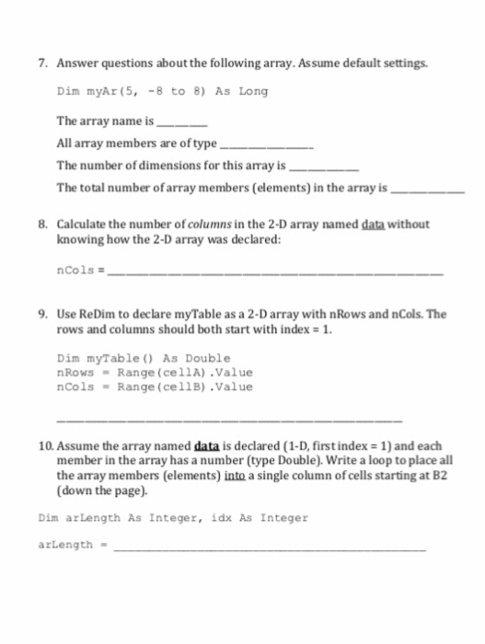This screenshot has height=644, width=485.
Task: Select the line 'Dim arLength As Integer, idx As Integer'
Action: coord(173,518)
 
